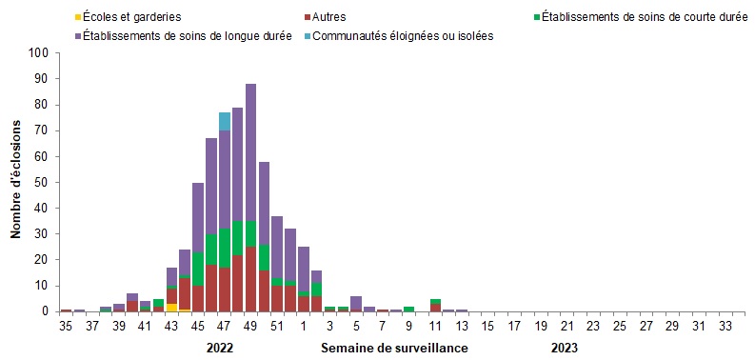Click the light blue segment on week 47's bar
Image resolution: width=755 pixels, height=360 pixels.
tap(225, 121)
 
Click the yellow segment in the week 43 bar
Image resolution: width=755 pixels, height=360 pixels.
tap(171, 307)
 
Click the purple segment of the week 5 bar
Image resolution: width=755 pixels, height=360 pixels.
tap(355, 302)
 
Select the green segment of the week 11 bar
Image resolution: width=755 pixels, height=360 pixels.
tap(435, 301)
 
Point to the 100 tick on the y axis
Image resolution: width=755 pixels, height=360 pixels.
tap(40, 54)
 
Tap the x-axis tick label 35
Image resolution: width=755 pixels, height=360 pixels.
tap(66, 326)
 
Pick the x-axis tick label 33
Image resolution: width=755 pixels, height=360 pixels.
tap(725, 326)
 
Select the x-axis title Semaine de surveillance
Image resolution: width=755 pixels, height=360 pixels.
tap(394, 348)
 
